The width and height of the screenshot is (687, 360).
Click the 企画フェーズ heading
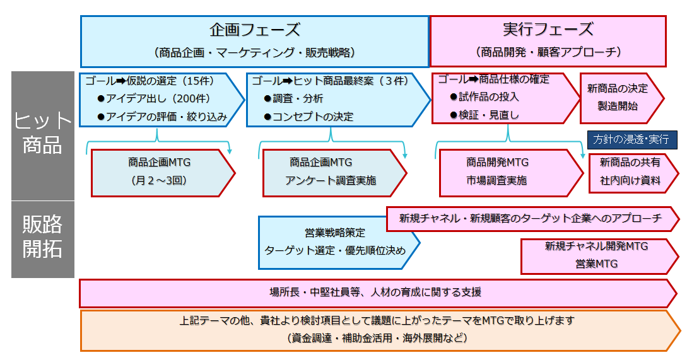[x=255, y=30]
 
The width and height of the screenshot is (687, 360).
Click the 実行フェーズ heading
[x=548, y=30]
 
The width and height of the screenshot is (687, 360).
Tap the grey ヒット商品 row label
[x=42, y=136]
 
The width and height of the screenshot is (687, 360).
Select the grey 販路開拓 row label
[x=42, y=239]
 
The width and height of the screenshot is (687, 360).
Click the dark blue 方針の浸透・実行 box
[x=631, y=139]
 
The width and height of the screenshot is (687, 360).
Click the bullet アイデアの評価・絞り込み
[x=162, y=117]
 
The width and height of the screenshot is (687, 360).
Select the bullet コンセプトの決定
[x=308, y=117]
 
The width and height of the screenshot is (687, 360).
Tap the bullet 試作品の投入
[x=484, y=97]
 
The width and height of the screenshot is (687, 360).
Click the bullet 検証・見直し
[x=484, y=115]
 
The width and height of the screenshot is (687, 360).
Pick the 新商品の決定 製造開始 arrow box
[x=621, y=98]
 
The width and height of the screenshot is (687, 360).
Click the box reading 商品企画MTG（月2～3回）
[x=163, y=173]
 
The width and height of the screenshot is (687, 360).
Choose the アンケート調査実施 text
[x=331, y=180]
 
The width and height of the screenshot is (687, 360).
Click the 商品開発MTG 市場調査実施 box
[x=511, y=173]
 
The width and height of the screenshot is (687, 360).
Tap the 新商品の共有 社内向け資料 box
[x=633, y=173]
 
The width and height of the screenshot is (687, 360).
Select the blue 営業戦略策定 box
[x=339, y=242]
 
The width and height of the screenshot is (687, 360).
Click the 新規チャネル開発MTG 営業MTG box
[x=599, y=256]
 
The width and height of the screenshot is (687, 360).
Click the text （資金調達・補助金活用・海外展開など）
[x=377, y=338]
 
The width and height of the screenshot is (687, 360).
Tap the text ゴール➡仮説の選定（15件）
[x=150, y=81]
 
